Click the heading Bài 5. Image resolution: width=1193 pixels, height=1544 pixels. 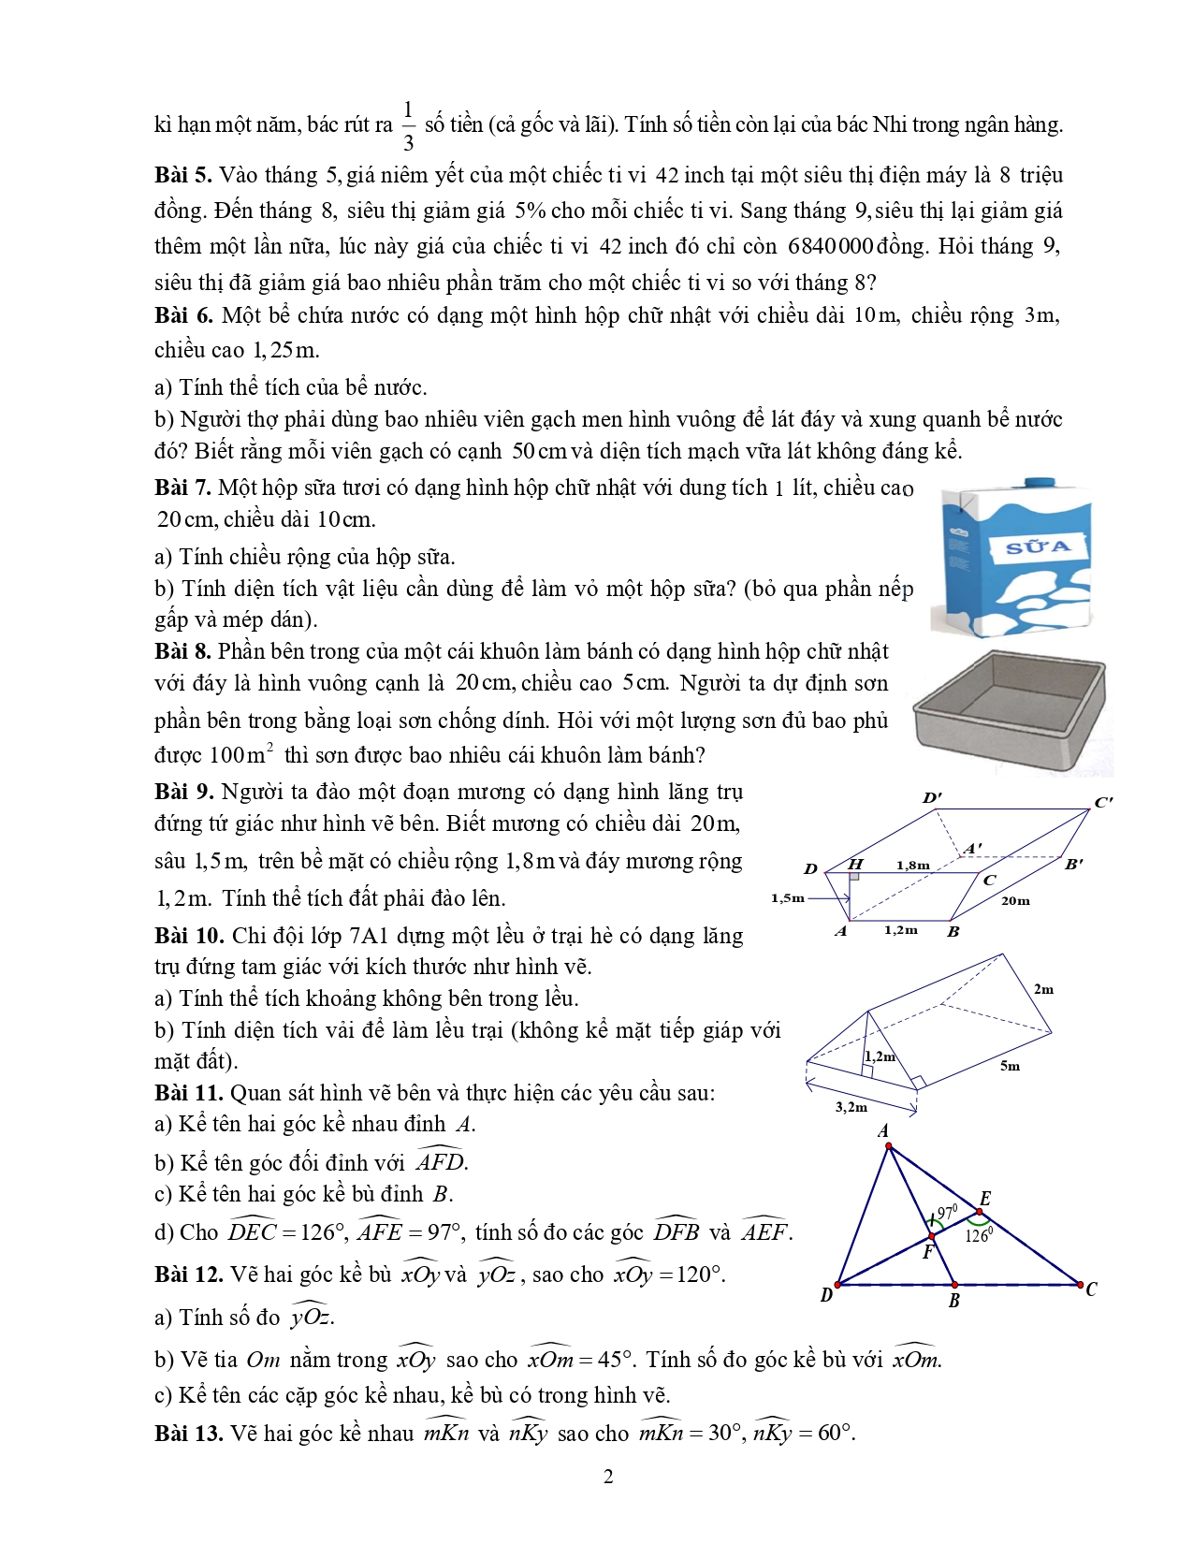pos(183,176)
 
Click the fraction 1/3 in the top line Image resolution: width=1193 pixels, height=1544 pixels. pos(408,125)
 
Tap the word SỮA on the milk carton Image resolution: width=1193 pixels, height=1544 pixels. pos(1036,546)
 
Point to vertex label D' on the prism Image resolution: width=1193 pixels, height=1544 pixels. pos(932,798)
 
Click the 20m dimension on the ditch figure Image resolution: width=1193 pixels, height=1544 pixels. pos(1015,901)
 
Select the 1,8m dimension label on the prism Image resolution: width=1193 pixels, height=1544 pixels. pos(912,865)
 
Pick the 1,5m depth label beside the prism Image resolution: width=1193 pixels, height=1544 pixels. pos(787,898)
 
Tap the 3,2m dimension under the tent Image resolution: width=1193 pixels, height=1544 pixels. pos(851,1107)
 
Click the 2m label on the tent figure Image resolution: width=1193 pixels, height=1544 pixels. pos(1043,989)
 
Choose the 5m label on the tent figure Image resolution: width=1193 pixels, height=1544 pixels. pos(1010,1066)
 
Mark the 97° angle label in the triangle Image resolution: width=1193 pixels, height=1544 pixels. pos(947,1212)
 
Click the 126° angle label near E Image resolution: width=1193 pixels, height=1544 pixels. pos(977,1235)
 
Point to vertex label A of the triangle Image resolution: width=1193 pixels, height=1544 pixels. pos(883,1131)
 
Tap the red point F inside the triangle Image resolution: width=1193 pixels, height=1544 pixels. pos(931,1237)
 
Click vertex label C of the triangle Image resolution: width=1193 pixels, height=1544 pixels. pos(1091,1289)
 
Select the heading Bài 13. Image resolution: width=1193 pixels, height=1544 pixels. pos(188,1434)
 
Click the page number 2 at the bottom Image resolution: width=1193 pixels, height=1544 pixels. pos(608,1477)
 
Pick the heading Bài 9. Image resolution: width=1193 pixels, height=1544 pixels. pos(183,793)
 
